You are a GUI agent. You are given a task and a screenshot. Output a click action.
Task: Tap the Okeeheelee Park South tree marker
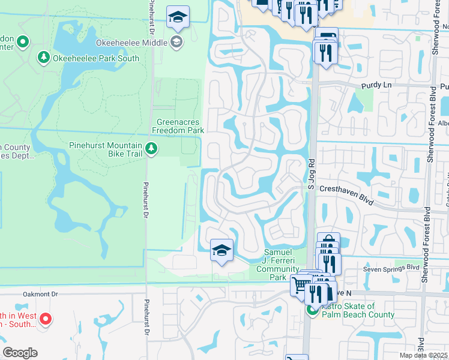point(43,58)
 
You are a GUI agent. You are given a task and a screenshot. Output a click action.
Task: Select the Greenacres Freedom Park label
point(178,125)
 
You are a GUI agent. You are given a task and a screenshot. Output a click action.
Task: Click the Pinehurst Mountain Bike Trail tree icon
point(152,148)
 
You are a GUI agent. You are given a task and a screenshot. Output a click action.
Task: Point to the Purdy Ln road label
point(376,86)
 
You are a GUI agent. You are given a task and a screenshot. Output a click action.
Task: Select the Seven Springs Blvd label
point(391,268)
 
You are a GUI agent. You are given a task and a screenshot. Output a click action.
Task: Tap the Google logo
point(19,353)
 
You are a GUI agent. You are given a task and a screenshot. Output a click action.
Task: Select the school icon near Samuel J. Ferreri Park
point(221,250)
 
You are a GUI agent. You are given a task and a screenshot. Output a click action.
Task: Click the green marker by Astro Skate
point(312,310)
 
